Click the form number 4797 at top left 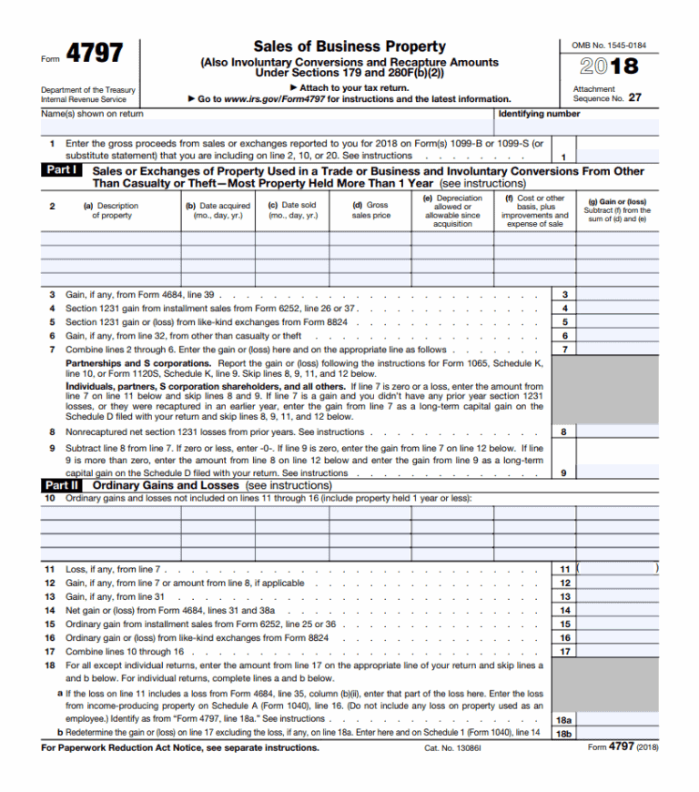pos(95,54)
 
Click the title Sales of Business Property pos(349,46)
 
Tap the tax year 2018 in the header pos(610,66)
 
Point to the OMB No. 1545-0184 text pos(609,45)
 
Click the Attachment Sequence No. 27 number pos(634,97)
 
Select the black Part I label pos(64,170)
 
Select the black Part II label pos(64,485)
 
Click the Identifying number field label pos(539,114)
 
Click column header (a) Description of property pos(111,210)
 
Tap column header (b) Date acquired pos(218,210)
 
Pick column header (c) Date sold pos(292,210)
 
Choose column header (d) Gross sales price pos(370,210)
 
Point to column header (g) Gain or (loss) pos(617,210)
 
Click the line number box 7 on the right pos(565,350)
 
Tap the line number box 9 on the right pos(565,472)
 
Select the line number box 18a pos(564,719)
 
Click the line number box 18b pos(564,733)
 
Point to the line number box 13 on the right pos(565,596)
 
